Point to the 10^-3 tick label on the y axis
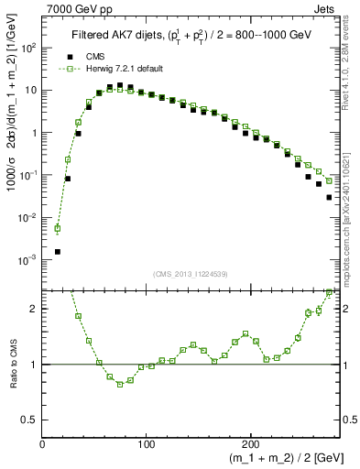29,260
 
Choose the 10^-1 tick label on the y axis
29,175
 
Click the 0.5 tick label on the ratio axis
29,420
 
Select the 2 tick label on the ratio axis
35,309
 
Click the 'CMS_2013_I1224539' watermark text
191,274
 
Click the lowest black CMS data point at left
58,251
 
